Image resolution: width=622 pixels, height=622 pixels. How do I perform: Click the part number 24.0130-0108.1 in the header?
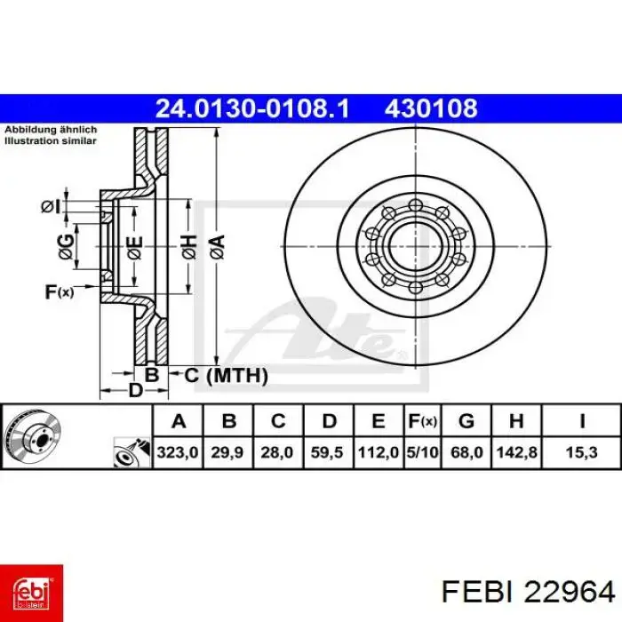tap(252, 108)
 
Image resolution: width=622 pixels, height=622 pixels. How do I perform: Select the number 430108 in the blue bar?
tap(431, 108)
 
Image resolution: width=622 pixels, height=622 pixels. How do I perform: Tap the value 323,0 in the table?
tap(177, 452)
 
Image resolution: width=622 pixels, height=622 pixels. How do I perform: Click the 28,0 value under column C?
tap(278, 452)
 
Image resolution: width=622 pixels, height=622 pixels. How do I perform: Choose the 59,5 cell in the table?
tap(328, 452)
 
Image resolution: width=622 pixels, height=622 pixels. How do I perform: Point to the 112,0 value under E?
tap(378, 452)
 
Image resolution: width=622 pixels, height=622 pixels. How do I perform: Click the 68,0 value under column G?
tap(466, 452)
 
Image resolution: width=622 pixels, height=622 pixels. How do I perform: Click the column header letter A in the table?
tap(177, 420)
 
